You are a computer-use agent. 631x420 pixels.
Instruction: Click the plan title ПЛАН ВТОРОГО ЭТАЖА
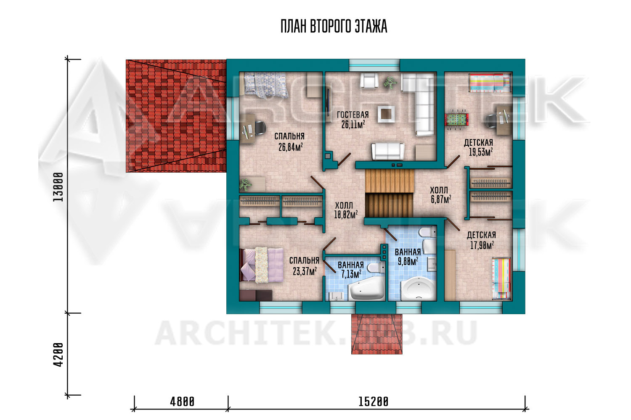tap(334, 26)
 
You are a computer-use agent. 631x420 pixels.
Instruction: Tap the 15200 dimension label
tap(373, 402)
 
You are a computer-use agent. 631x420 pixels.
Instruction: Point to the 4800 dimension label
tap(182, 402)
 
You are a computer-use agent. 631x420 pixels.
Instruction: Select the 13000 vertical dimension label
tap(58, 187)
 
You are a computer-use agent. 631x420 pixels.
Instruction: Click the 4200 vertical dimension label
tap(58, 354)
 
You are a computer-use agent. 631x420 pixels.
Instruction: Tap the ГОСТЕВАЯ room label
tap(353, 115)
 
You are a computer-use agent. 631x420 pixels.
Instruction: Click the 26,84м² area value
tap(290, 147)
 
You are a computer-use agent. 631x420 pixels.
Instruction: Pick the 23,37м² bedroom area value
tap(305, 271)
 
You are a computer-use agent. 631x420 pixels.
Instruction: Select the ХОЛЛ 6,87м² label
tap(440, 194)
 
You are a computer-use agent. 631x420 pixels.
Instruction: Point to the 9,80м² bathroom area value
tap(408, 262)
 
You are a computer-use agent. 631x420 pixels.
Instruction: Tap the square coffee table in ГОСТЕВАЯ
tap(386, 114)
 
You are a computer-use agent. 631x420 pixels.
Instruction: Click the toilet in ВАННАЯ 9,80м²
tap(427, 233)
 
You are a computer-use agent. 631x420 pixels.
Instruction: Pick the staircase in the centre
tap(389, 193)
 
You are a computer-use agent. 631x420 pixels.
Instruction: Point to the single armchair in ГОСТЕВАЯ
tap(369, 81)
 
